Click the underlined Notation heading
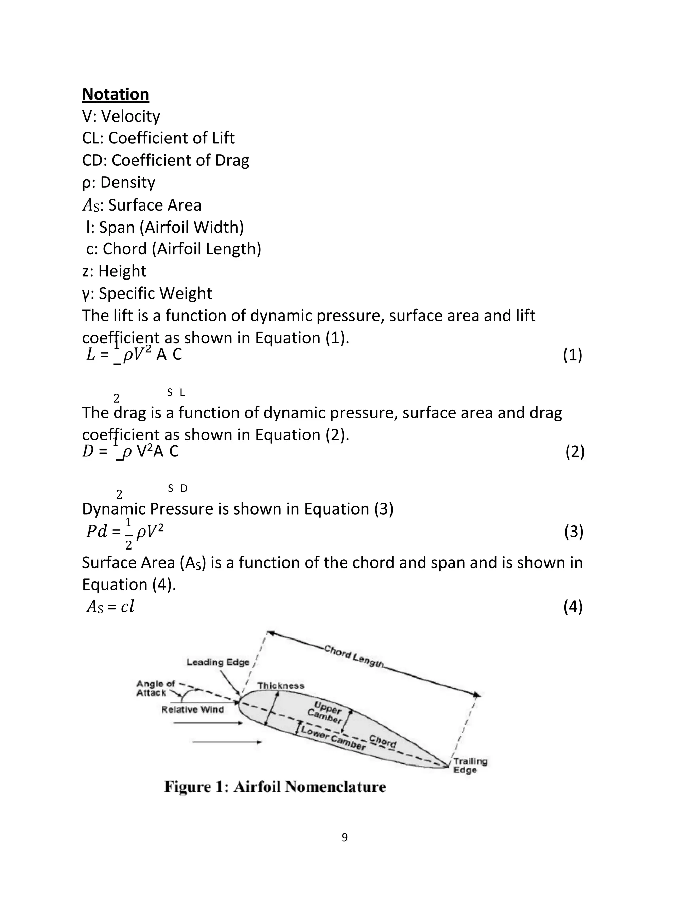[x=116, y=94]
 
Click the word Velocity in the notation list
[x=130, y=116]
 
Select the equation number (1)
[x=573, y=355]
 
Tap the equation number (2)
[x=575, y=452]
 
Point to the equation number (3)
[x=574, y=532]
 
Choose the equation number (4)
[x=573, y=607]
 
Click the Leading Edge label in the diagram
[x=218, y=662]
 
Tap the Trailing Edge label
[x=470, y=765]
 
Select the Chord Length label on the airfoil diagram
[x=354, y=656]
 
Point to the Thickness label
[x=281, y=686]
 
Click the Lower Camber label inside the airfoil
[x=333, y=738]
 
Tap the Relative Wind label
[x=193, y=709]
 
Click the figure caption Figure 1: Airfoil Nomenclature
[x=275, y=787]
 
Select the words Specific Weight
[x=155, y=293]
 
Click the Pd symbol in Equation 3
[x=97, y=532]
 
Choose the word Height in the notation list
[x=122, y=271]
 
